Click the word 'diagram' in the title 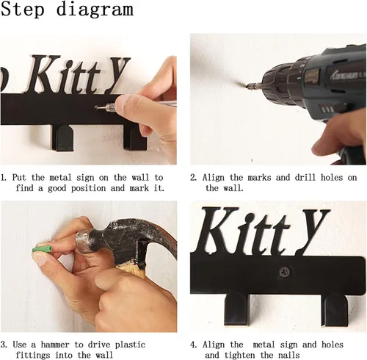tap(95, 10)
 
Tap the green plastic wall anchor tap(43, 250)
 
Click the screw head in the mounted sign tap(285, 271)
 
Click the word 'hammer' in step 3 tap(55, 345)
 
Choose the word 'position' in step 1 tap(89, 189)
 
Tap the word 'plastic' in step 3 tap(130, 345)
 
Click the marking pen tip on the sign tap(97, 107)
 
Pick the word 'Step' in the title tap(23, 10)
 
